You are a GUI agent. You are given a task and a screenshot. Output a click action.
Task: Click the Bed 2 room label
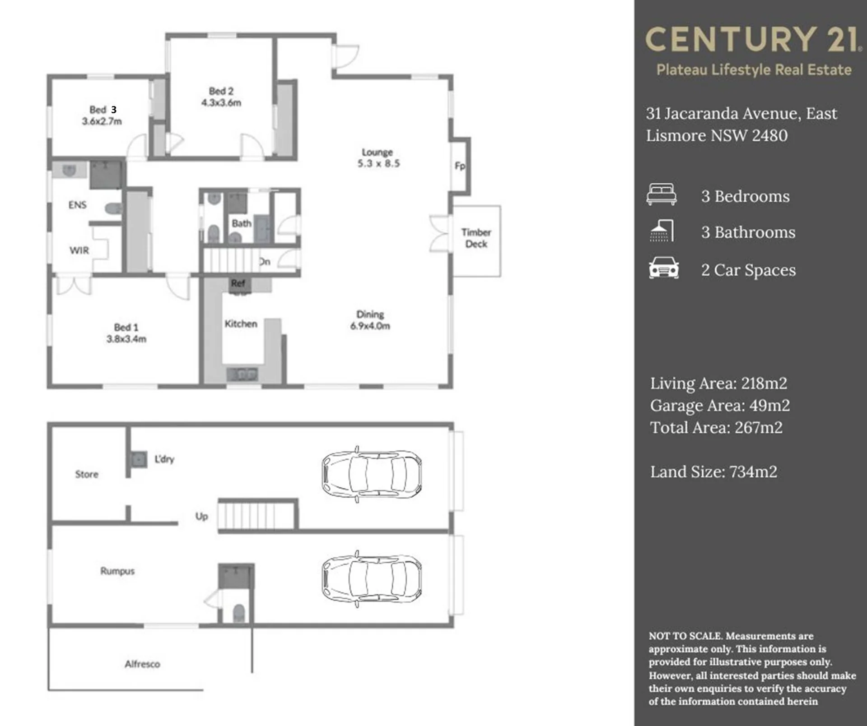click(x=221, y=97)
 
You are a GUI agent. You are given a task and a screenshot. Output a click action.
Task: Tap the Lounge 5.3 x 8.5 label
click(x=378, y=158)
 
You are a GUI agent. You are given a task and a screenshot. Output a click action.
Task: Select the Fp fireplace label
click(x=460, y=166)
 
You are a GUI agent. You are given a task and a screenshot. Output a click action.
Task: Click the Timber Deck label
click(x=476, y=238)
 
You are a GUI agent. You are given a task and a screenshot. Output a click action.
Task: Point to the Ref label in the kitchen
click(x=238, y=283)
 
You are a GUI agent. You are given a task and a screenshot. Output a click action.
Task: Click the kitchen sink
click(x=242, y=374)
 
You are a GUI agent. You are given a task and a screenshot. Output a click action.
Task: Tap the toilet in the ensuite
click(x=113, y=208)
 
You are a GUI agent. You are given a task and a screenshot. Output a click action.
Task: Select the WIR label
click(x=79, y=250)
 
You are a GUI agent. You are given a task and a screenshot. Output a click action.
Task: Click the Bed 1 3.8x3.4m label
click(x=126, y=333)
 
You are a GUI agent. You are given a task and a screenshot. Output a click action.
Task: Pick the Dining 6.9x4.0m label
click(x=370, y=320)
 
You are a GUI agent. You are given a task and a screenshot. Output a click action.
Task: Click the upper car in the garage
click(x=371, y=474)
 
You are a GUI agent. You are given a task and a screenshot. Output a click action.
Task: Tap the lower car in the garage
click(x=371, y=579)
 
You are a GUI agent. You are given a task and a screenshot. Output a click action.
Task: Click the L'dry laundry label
click(x=164, y=459)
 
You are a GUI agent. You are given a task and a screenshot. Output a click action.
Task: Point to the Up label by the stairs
click(x=201, y=516)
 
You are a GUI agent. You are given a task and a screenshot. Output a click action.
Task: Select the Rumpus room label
click(x=117, y=571)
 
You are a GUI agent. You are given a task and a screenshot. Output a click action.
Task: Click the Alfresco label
click(x=142, y=664)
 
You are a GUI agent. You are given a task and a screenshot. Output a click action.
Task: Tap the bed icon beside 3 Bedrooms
click(x=662, y=194)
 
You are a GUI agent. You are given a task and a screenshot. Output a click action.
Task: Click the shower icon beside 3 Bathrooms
click(x=662, y=231)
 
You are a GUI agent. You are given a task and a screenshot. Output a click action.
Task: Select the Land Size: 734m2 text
click(x=713, y=472)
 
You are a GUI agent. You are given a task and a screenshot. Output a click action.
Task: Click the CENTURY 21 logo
click(x=753, y=39)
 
